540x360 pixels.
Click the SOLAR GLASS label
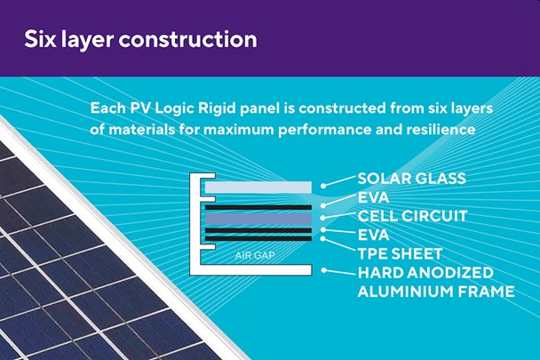click(411, 179)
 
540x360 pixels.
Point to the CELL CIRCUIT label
click(412, 216)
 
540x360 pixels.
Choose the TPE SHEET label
click(400, 254)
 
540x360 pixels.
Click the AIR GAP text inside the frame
click(255, 255)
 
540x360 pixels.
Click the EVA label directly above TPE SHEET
click(373, 236)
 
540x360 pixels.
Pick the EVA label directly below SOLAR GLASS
click(373, 197)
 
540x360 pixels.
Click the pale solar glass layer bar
click(258, 188)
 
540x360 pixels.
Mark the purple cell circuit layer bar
click(258, 219)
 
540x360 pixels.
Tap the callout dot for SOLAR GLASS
click(323, 186)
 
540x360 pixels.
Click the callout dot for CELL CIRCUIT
click(323, 218)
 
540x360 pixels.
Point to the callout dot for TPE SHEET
click(323, 238)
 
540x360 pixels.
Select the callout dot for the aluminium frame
click(323, 270)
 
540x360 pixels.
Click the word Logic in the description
click(174, 109)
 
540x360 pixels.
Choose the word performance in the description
click(325, 131)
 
